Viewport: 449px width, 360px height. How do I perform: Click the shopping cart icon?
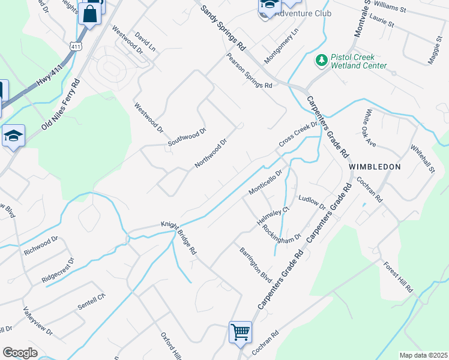click(240, 331)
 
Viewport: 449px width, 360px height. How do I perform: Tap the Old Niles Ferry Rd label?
click(60, 104)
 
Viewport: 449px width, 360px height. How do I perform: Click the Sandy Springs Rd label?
click(223, 28)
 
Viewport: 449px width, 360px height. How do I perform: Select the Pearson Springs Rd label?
click(249, 71)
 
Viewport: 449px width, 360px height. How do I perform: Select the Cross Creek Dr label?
click(297, 137)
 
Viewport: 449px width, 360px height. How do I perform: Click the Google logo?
click(20, 353)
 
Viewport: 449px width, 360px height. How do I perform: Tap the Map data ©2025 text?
click(423, 355)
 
